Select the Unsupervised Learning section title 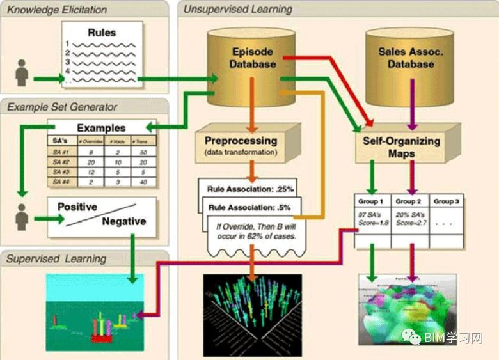tap(238, 10)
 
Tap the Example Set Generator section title tap(62, 107)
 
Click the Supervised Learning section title tap(56, 259)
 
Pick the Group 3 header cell tap(447, 201)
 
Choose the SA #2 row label tap(60, 163)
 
